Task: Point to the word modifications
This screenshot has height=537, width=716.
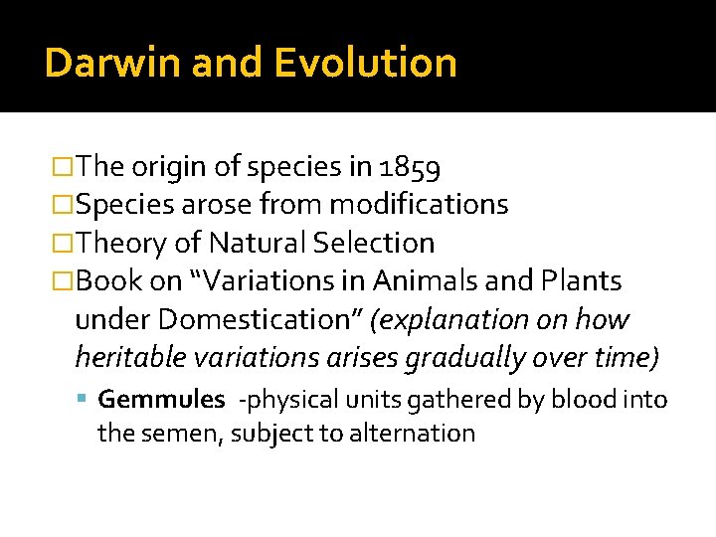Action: click(x=419, y=205)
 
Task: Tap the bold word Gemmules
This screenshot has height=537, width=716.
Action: click(x=162, y=400)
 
